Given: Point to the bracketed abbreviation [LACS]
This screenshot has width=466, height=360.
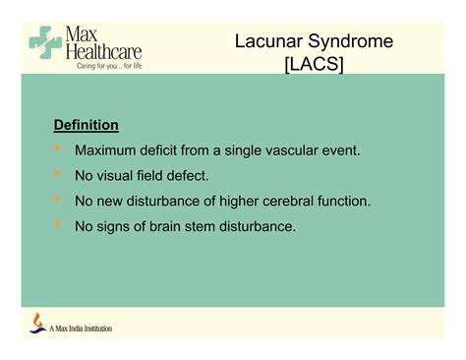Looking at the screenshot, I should coord(316,68).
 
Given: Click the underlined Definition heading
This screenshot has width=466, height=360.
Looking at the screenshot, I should coord(86,126).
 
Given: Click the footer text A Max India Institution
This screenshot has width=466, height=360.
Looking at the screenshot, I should coord(81,329).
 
